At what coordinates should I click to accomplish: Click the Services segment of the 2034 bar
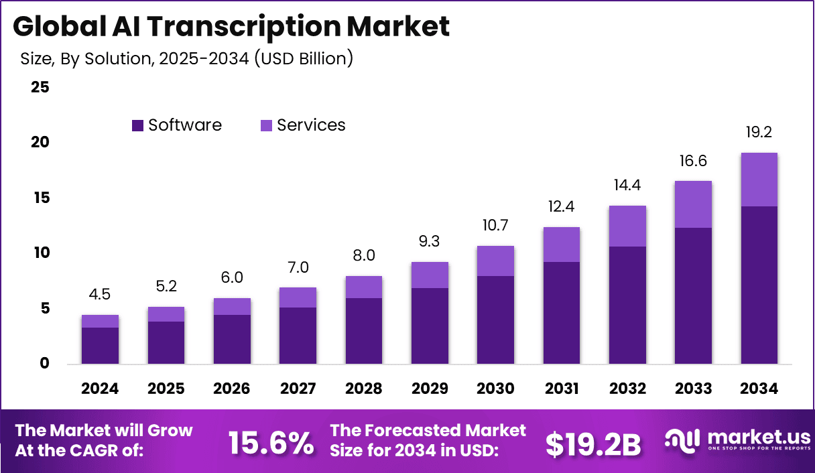(x=759, y=180)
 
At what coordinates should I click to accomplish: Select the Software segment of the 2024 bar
(x=100, y=346)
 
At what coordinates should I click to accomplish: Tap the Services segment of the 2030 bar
(x=495, y=261)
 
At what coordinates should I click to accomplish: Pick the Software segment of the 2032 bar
(x=627, y=305)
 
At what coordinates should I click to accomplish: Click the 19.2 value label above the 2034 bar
(x=759, y=133)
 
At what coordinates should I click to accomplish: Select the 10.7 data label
(x=495, y=226)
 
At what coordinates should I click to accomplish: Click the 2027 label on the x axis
(x=298, y=389)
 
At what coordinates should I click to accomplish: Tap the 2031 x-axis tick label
(x=561, y=389)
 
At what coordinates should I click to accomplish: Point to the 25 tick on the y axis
(x=40, y=87)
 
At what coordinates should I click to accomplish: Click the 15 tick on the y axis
(x=40, y=198)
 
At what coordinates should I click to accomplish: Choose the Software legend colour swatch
(x=137, y=125)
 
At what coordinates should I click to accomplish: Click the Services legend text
(x=311, y=125)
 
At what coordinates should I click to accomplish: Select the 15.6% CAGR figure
(x=271, y=443)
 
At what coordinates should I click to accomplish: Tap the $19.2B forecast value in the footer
(x=592, y=444)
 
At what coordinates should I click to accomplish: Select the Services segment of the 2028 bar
(x=363, y=287)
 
